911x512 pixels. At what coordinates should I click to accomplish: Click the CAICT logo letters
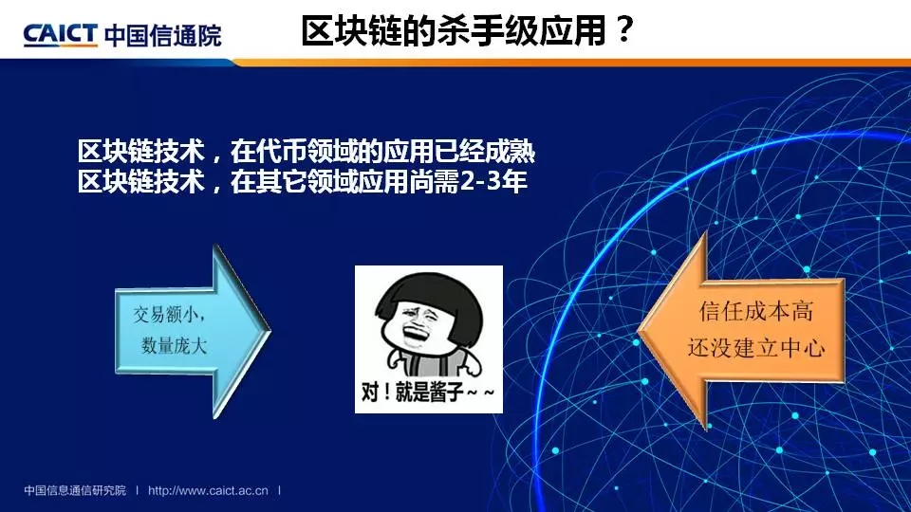[x=60, y=35]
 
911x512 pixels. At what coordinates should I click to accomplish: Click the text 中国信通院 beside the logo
[x=163, y=36]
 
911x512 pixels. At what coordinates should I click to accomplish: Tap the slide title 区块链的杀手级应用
[x=454, y=30]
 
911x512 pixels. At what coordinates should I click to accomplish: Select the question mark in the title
[x=624, y=29]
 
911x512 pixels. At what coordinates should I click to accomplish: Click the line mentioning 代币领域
[x=307, y=152]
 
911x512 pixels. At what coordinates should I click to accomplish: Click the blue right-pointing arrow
[x=193, y=332]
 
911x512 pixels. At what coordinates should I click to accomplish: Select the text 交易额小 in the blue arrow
[x=167, y=315]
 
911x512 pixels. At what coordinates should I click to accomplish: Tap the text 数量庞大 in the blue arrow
[x=174, y=346]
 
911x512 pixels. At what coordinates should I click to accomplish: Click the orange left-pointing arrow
[x=741, y=331]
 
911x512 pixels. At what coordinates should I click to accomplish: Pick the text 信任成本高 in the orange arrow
[x=756, y=311]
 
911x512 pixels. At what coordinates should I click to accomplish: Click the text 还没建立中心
[x=756, y=347]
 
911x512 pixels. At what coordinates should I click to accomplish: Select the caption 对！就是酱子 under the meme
[x=428, y=393]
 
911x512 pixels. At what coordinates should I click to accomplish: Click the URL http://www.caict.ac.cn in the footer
[x=208, y=490]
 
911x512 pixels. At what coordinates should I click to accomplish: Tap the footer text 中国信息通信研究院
[x=75, y=490]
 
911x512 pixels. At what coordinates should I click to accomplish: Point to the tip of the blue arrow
[x=270, y=332]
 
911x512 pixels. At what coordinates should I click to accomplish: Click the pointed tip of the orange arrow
[x=639, y=332]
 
